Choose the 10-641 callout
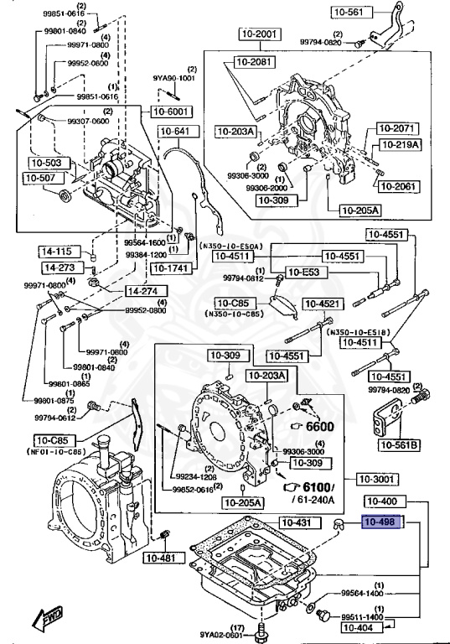point(175,131)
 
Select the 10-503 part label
point(46,163)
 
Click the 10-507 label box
point(40,178)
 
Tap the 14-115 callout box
point(56,251)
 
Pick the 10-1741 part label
point(170,269)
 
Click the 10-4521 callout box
point(322,304)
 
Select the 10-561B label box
point(399,444)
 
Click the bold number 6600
point(318,426)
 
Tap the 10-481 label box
point(158,558)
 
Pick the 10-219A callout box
point(396,144)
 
